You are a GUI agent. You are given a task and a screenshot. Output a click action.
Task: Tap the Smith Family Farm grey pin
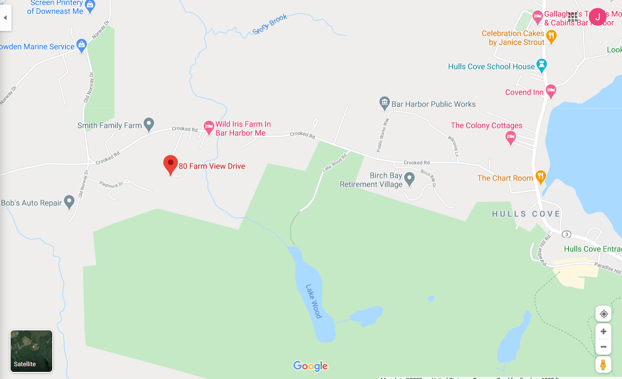tap(149, 124)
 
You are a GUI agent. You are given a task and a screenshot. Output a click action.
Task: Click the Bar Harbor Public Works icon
tap(384, 103)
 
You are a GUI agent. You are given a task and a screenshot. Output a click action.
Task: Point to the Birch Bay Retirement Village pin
tap(410, 179)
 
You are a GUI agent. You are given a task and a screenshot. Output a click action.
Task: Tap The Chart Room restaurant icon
tap(541, 177)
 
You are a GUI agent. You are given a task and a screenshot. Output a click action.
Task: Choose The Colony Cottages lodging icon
tap(511, 138)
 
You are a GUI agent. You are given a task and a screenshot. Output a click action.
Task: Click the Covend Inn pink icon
tap(551, 91)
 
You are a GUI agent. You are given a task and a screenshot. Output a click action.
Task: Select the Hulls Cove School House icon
tap(541, 65)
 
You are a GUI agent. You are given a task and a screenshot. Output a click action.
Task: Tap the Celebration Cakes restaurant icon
tap(551, 36)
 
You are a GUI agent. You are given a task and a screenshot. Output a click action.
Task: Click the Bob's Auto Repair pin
tap(69, 202)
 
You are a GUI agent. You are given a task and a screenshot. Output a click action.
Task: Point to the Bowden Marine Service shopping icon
tap(81, 45)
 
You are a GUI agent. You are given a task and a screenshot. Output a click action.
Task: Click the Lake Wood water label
tap(313, 301)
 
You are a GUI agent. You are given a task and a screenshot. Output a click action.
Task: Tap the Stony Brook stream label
tap(270, 24)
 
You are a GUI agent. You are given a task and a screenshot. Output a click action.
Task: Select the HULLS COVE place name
tap(526, 214)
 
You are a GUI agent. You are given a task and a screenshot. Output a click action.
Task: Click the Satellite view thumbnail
tap(31, 351)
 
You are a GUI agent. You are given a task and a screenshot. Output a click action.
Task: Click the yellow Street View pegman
tap(603, 364)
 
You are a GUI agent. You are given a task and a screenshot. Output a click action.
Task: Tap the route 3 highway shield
tap(566, 234)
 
